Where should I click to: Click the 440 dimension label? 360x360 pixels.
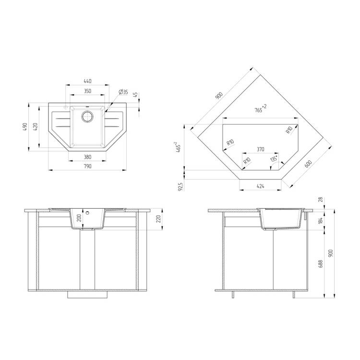pyautogui.click(x=87, y=81)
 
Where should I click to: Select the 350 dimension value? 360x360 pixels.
pyautogui.click(x=87, y=91)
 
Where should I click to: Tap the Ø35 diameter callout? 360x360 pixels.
pyautogui.click(x=123, y=92)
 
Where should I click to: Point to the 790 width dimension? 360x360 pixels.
pyautogui.click(x=87, y=166)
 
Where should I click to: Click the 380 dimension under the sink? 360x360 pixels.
pyautogui.click(x=87, y=157)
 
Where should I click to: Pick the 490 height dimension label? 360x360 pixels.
pyautogui.click(x=25, y=127)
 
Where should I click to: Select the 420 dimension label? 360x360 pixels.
pyautogui.click(x=36, y=127)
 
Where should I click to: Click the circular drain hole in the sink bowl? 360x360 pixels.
pyautogui.click(x=87, y=117)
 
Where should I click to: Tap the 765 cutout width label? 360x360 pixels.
pyautogui.click(x=261, y=108)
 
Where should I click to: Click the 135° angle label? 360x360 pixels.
pyautogui.click(x=274, y=158)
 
